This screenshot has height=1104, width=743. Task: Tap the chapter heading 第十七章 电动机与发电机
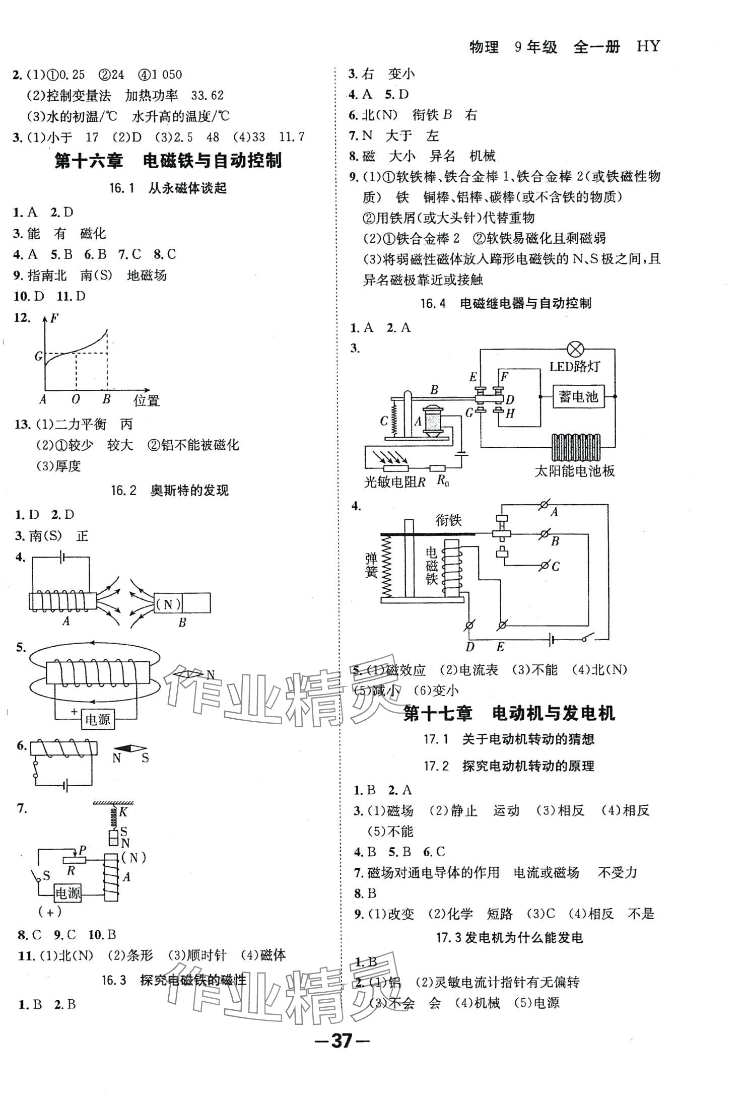(x=509, y=714)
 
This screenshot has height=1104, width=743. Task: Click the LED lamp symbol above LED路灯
(x=575, y=349)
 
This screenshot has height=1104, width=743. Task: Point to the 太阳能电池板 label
(x=574, y=471)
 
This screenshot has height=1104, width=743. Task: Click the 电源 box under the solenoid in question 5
(x=98, y=719)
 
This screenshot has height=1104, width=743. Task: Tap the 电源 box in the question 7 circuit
(x=68, y=893)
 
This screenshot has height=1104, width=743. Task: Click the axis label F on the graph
(x=54, y=318)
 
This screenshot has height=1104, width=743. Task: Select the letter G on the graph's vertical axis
(x=39, y=357)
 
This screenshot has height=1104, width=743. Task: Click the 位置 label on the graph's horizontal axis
(x=147, y=401)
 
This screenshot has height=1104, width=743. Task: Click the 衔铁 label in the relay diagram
(x=448, y=520)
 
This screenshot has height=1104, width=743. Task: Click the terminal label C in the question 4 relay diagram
(x=556, y=567)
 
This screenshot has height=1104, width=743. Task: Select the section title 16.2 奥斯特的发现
(x=169, y=491)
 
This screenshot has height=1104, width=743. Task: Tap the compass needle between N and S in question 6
(x=130, y=749)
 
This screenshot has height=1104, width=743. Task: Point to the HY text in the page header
(x=648, y=47)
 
